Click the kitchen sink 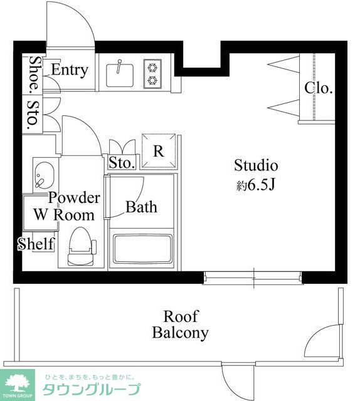pyautogui.click(x=120, y=75)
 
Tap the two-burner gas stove pyautogui.click(x=152, y=74)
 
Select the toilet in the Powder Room pyautogui.click(x=81, y=246)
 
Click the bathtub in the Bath pyautogui.click(x=142, y=249)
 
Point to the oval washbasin pyautogui.click(x=45, y=175)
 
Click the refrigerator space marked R pyautogui.click(x=159, y=151)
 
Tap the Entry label pyautogui.click(x=70, y=70)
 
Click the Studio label pyautogui.click(x=256, y=165)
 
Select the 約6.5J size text pyautogui.click(x=255, y=185)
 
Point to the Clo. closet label pyautogui.click(x=319, y=88)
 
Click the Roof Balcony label pyautogui.click(x=180, y=325)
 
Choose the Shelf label pyautogui.click(x=36, y=244)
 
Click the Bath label pyautogui.click(x=141, y=207)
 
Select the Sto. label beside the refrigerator pyautogui.click(x=122, y=163)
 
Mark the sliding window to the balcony pyautogui.click(x=253, y=278)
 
